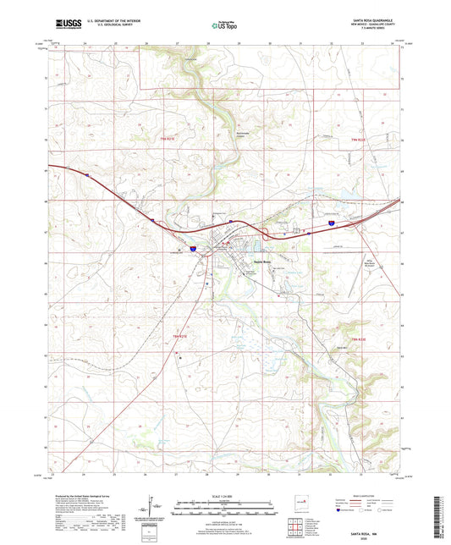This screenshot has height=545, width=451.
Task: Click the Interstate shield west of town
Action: (194, 249)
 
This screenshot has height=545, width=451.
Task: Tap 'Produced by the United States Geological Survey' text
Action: (81, 497)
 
